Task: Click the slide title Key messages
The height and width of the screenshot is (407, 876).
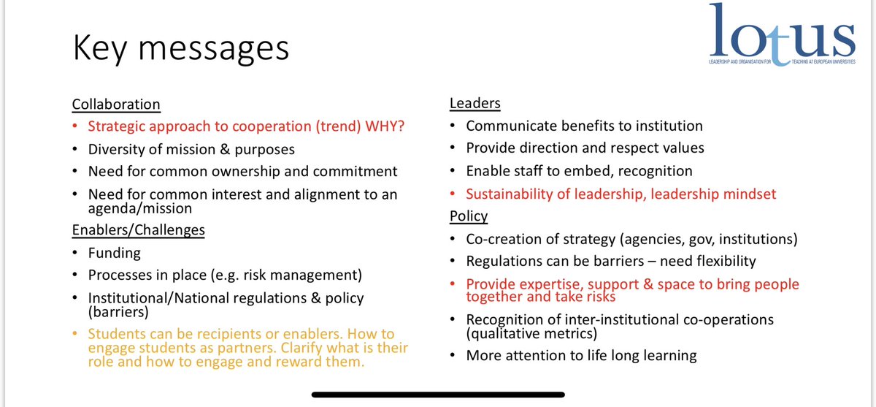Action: [x=180, y=48]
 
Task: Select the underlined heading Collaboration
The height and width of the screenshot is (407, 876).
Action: [x=116, y=104]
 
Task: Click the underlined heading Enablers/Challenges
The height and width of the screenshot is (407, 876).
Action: [x=138, y=230]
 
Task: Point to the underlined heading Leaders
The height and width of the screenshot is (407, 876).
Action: [x=474, y=104]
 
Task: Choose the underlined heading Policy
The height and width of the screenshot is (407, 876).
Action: [x=469, y=216]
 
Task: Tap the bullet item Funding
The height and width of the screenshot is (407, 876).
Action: [x=114, y=254]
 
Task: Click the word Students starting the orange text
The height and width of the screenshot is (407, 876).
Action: [x=116, y=334]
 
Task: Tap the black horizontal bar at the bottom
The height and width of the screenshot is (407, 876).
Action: [x=438, y=395]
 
